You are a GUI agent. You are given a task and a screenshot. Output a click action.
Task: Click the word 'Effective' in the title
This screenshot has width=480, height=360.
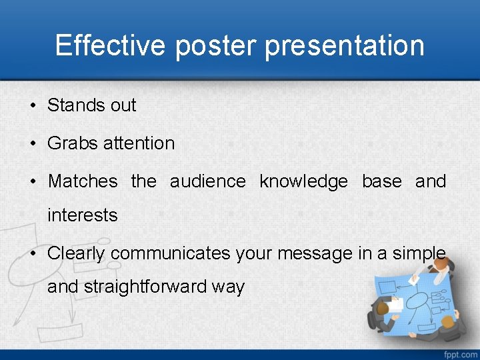pos(111,45)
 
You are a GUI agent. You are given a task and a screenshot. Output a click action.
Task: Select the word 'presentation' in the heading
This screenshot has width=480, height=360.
pos(345,45)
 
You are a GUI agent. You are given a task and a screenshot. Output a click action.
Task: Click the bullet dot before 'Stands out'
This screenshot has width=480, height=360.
pos(33,106)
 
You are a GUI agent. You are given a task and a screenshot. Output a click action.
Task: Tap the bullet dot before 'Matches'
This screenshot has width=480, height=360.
pos(33,182)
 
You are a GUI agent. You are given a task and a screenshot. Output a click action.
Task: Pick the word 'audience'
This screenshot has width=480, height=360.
pos(207,181)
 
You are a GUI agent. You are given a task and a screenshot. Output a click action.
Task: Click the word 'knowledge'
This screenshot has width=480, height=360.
pos(303,181)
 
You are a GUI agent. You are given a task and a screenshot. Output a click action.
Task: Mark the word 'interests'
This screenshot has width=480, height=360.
pos(82,215)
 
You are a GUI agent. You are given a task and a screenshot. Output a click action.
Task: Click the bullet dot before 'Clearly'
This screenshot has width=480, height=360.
pos(33,254)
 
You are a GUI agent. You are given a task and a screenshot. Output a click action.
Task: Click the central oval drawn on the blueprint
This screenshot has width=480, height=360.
pos(417,301)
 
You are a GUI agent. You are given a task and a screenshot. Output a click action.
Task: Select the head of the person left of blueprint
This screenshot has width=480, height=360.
pos(383,307)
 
